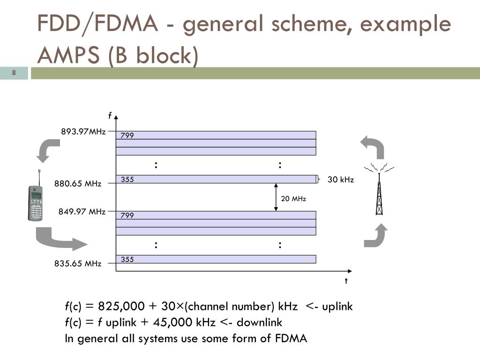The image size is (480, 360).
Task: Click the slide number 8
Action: (14, 73)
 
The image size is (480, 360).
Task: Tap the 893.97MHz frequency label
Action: (83, 131)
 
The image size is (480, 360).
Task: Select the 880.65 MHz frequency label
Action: (78, 184)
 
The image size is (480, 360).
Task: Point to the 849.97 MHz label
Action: (82, 211)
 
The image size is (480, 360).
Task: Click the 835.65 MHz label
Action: (78, 263)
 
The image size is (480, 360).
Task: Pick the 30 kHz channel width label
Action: (341, 180)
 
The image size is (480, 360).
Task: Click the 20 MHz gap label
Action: (293, 199)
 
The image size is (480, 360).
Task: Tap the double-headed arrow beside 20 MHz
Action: (276, 197)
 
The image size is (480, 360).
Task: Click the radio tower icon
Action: (379, 189)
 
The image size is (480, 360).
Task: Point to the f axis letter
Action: (110, 115)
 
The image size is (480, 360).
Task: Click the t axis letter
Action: (346, 281)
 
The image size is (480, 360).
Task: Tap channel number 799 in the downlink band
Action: (127, 135)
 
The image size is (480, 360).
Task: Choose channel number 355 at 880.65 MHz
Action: (127, 179)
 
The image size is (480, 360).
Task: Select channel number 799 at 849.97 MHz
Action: (127, 216)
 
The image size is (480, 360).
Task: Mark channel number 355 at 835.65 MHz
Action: (127, 259)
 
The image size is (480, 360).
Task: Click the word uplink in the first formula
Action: (335, 307)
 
